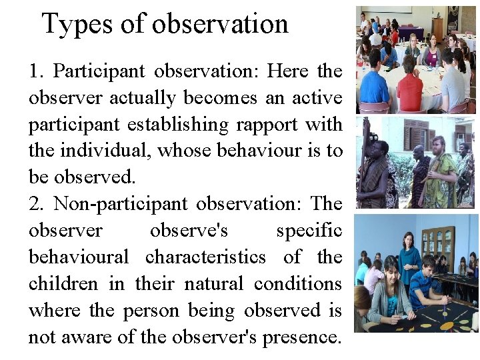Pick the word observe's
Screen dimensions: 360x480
pyautogui.click(x=189, y=231)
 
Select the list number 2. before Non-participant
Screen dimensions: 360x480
pyautogui.click(x=37, y=204)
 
